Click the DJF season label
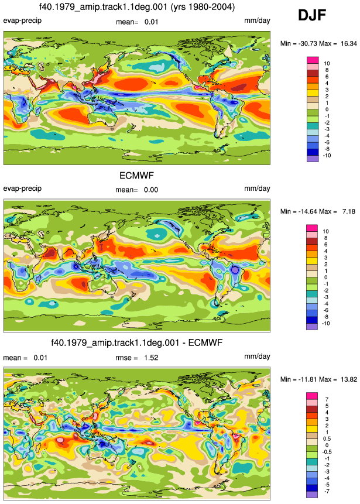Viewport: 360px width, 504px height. pyautogui.click(x=312, y=15)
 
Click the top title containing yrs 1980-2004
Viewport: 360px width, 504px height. pyautogui.click(x=137, y=6)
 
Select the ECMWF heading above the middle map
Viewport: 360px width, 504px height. pyautogui.click(x=136, y=176)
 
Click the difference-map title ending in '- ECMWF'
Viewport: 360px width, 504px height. pyautogui.click(x=136, y=342)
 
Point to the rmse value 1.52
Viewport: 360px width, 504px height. pyautogui.click(x=151, y=358)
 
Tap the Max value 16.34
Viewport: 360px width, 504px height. pyautogui.click(x=349, y=43)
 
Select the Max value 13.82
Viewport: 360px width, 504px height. pyautogui.click(x=349, y=379)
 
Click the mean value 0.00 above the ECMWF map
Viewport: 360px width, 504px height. pyautogui.click(x=151, y=190)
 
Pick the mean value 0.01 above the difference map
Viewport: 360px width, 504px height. pyautogui.click(x=40, y=358)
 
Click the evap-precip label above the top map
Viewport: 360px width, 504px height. pyautogui.click(x=22, y=21)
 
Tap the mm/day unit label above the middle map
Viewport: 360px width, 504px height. pyautogui.click(x=257, y=188)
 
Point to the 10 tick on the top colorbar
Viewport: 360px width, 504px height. pyautogui.click(x=327, y=64)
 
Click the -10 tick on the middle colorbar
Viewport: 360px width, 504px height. pyautogui.click(x=325, y=323)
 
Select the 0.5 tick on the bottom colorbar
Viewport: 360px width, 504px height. pyautogui.click(x=327, y=439)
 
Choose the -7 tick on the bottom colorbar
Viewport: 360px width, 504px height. pyautogui.click(x=326, y=491)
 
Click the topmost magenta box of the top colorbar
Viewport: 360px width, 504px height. pyautogui.click(x=313, y=60)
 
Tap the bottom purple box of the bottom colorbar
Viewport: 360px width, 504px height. pyautogui.click(x=312, y=495)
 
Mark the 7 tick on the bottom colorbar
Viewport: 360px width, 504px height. pyautogui.click(x=327, y=399)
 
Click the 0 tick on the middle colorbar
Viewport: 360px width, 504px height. pyautogui.click(x=326, y=277)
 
